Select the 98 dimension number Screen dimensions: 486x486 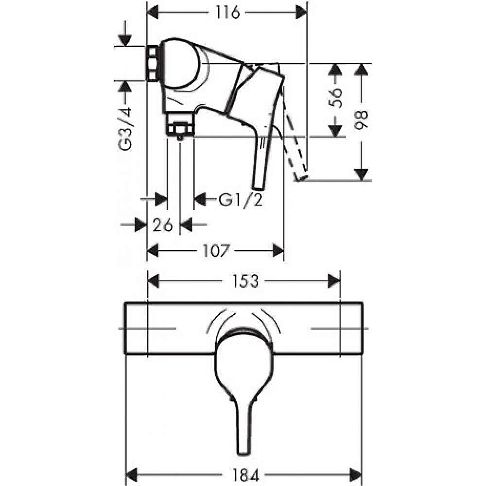tap(361, 120)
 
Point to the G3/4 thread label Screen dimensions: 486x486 tap(125, 130)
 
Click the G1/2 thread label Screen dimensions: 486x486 tap(241, 200)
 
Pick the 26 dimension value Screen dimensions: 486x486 tap(163, 225)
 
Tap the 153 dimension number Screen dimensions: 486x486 tap(244, 281)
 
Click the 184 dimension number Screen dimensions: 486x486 tap(245, 474)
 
